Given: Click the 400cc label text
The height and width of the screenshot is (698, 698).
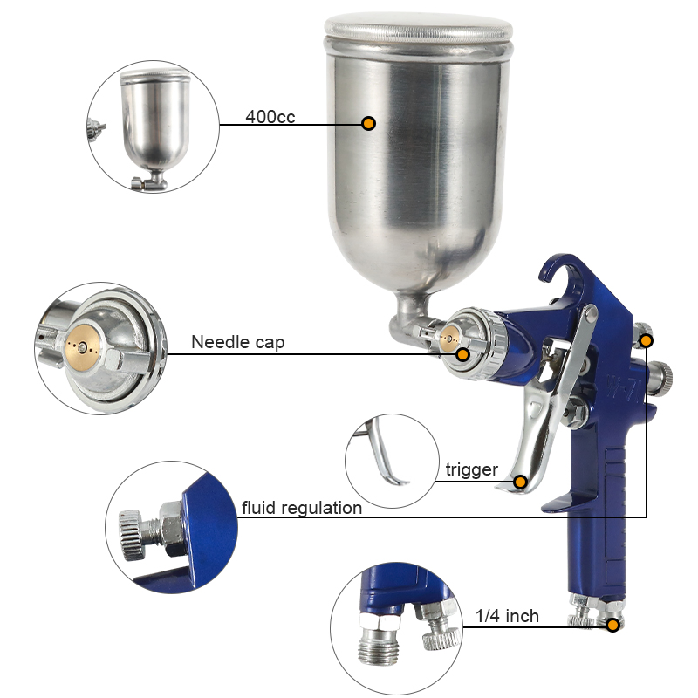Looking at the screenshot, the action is [270, 117].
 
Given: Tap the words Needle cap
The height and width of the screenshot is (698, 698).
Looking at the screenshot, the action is [237, 342].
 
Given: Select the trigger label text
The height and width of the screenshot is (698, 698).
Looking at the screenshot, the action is [471, 470].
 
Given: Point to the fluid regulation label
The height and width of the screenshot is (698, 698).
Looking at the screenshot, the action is [302, 508].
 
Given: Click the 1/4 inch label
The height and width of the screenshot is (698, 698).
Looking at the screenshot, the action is [507, 616].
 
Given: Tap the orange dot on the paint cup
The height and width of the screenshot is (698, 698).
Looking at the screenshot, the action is [368, 123].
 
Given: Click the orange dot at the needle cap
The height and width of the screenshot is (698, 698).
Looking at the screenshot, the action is [463, 355].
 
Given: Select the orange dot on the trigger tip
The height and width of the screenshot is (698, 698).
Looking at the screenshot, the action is [520, 482].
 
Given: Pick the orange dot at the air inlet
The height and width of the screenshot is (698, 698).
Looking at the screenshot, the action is [613, 626].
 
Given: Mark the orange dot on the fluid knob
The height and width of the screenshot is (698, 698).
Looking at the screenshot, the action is [647, 341].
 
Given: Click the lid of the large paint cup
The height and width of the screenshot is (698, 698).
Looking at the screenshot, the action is [418, 28].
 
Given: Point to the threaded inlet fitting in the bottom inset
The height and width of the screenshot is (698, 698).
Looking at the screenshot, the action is [380, 638].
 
